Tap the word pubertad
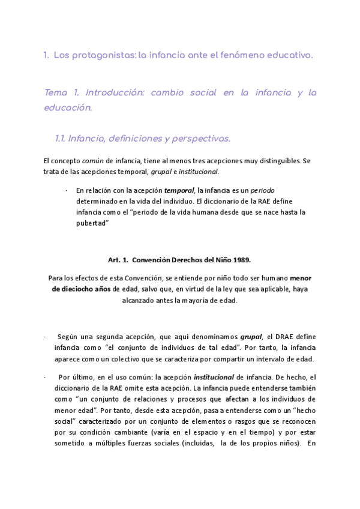pyautogui.click(x=91, y=223)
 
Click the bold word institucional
pyautogui.click(x=213, y=377)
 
